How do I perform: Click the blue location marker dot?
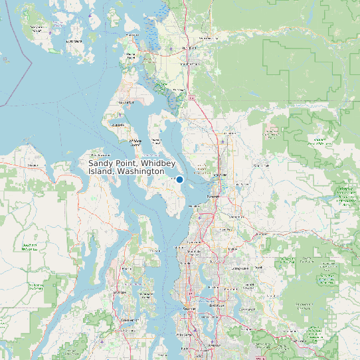pyautogui.click(x=179, y=179)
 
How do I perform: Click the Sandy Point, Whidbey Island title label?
pyautogui.click(x=126, y=167)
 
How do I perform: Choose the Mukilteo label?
pyautogui.click(x=195, y=207)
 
